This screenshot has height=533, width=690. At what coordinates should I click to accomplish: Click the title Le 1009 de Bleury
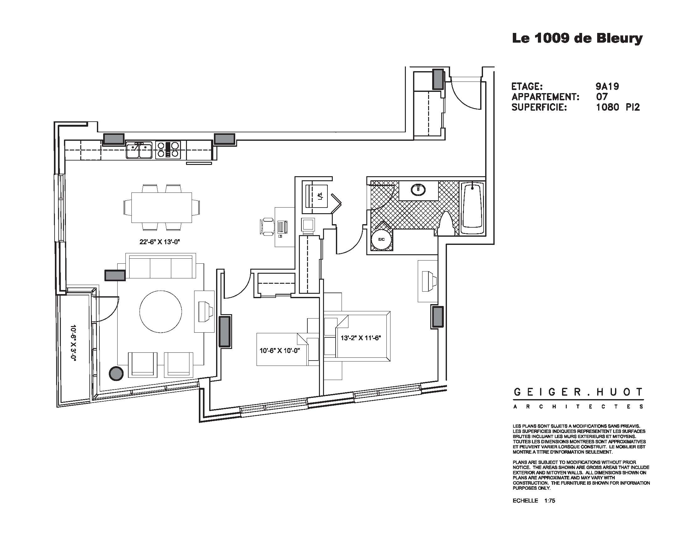(577, 39)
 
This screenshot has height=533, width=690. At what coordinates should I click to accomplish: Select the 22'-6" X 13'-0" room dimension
(160, 242)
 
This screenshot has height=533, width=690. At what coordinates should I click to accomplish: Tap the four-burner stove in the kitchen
(168, 150)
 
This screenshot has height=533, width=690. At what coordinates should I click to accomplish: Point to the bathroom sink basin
(418, 189)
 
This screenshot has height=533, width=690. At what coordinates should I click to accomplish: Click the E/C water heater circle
(381, 240)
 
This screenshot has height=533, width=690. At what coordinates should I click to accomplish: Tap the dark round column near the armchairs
(116, 373)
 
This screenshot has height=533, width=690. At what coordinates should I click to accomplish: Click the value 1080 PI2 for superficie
(618, 107)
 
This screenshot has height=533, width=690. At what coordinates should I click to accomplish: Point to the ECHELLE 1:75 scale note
(533, 509)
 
